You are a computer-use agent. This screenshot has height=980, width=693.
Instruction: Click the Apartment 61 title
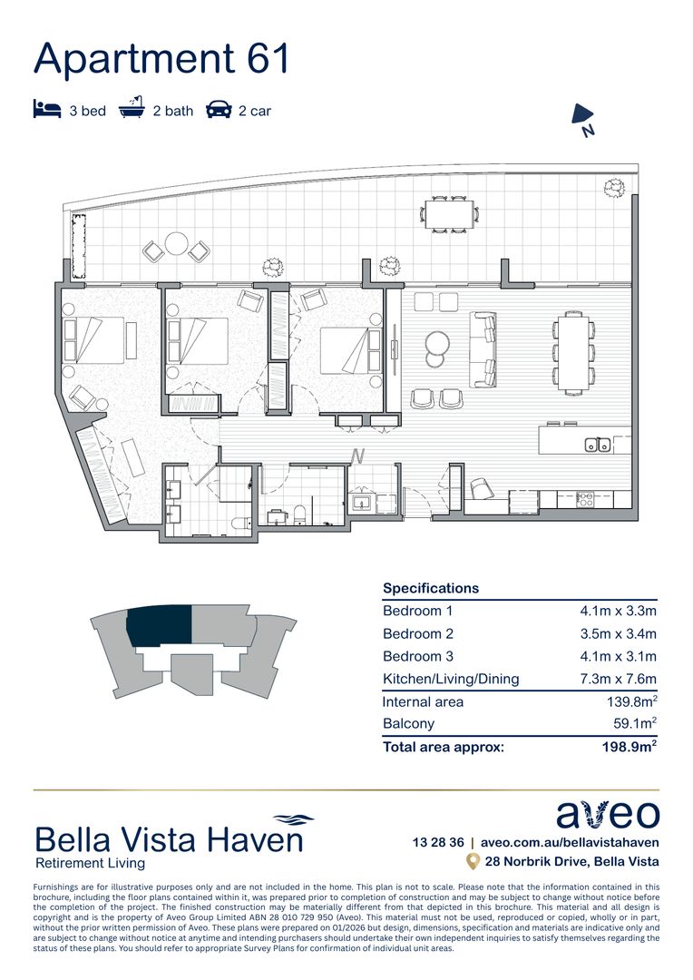(161, 59)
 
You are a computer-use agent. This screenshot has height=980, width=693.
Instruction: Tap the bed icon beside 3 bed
(46, 111)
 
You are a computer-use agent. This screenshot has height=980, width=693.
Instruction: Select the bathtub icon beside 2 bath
(132, 110)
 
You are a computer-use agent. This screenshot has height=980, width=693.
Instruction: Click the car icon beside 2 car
(219, 111)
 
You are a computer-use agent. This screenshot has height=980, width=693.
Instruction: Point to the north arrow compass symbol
(582, 116)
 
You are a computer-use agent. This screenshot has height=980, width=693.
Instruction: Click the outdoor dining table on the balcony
(450, 214)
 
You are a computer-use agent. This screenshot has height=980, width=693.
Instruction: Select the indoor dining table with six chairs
(573, 352)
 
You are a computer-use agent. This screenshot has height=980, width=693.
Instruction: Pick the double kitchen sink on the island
(597, 445)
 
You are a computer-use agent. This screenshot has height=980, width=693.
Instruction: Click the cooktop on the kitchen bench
(586, 498)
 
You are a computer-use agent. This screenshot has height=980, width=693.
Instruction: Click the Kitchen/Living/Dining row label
(451, 679)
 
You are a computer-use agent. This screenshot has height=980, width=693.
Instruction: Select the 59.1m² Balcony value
(634, 724)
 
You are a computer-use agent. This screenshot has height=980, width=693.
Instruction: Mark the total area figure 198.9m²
(629, 747)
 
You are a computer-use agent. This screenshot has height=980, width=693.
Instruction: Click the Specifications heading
(431, 588)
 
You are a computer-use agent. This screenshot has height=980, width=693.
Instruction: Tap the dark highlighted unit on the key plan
(160, 626)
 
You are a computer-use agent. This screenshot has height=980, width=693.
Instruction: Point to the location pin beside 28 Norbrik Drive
(472, 861)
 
